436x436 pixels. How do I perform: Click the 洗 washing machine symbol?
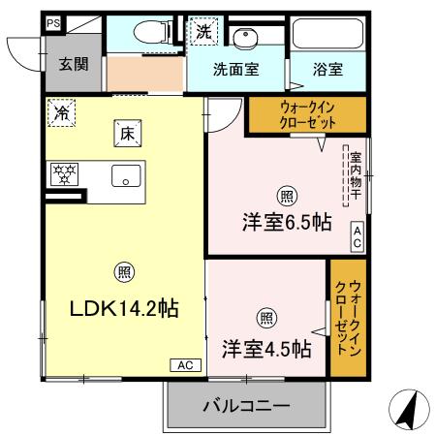point(203,31)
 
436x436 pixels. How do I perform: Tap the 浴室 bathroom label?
point(327,70)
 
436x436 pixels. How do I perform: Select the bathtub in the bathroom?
point(327,36)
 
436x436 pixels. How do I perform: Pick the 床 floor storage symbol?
point(126,135)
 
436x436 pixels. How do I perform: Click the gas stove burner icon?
point(65,173)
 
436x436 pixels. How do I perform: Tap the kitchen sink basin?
point(126,175)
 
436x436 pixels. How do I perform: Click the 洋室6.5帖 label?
point(286,222)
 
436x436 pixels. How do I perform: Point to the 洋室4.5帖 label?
point(265,347)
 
